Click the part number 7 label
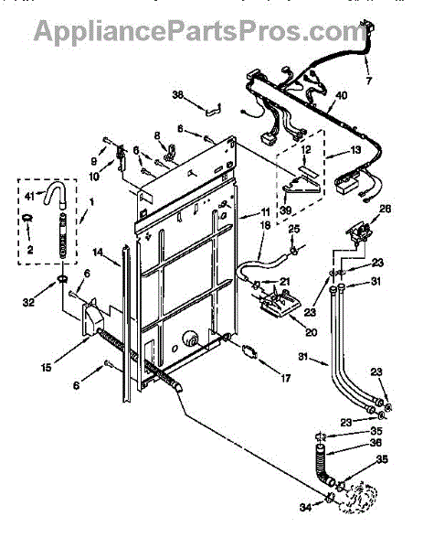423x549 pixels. tap(369, 81)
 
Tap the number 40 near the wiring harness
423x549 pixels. tap(341, 95)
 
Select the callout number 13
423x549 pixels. tap(355, 150)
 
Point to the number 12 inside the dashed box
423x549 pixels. tap(306, 150)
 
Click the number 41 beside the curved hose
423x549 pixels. tap(30, 196)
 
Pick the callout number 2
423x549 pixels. tap(30, 249)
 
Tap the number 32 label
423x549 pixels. tap(28, 302)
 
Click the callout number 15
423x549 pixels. tap(47, 367)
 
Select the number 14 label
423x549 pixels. tap(99, 253)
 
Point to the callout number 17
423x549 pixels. tap(286, 378)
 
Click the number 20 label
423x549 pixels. tap(311, 332)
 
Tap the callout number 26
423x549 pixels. tap(386, 209)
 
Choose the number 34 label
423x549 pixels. tap(305, 507)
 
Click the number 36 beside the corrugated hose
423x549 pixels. tap(375, 443)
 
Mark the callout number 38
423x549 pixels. tap(178, 94)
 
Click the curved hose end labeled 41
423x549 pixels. tap(55, 194)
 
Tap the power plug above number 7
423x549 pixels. tap(366, 29)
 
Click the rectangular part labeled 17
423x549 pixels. tap(249, 351)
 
